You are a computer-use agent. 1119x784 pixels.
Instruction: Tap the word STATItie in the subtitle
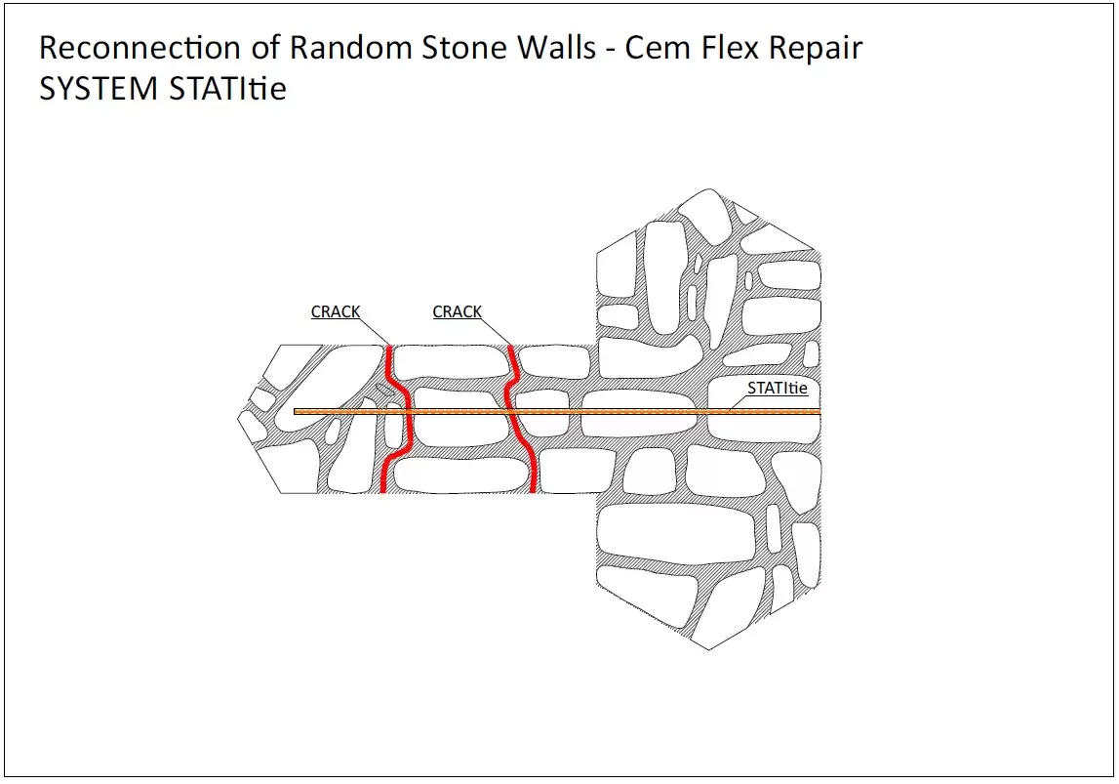click(227, 89)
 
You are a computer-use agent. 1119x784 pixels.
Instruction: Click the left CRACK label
click(336, 311)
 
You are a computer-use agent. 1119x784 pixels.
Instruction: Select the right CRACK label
click(457, 311)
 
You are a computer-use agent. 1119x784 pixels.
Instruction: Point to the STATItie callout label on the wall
click(778, 388)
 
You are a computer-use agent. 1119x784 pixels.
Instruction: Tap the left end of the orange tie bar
click(298, 412)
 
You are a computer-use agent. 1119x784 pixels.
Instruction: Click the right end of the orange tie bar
click(818, 412)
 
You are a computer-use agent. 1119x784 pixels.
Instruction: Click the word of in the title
click(263, 48)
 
